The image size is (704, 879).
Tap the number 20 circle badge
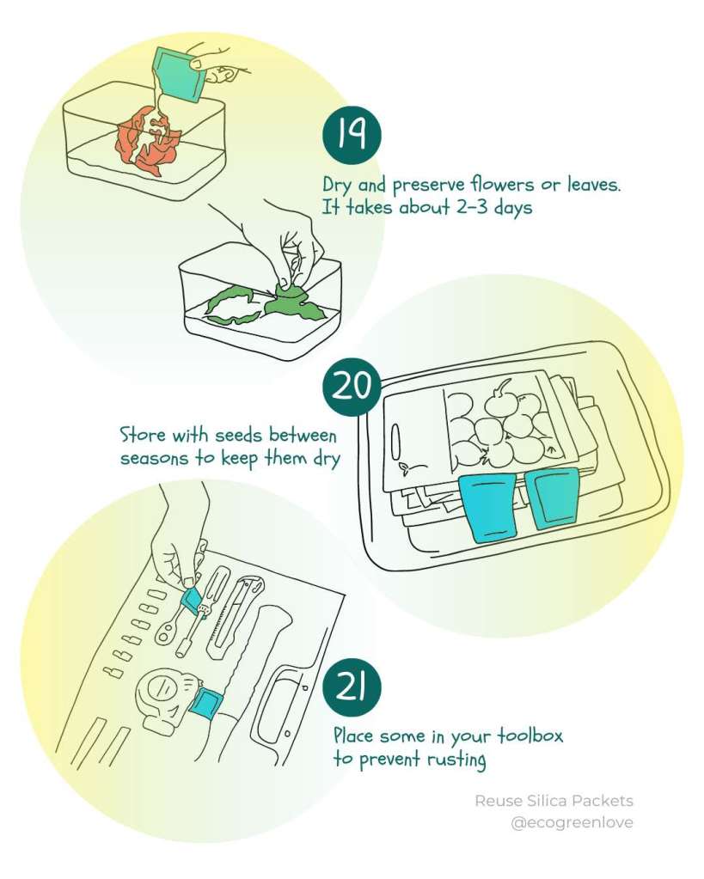pos(352,388)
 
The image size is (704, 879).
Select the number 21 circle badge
pos(352,687)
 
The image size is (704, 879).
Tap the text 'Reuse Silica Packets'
pos(554,801)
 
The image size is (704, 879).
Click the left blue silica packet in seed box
pos(487,508)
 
